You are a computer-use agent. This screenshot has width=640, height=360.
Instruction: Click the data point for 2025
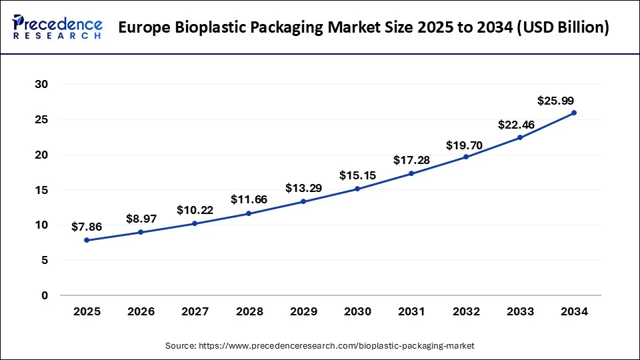(x=87, y=240)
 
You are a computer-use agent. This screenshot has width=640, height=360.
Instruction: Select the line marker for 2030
(x=357, y=189)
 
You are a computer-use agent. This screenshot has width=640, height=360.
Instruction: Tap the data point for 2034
(x=574, y=113)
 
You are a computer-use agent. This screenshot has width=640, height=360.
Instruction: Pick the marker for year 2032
(x=466, y=157)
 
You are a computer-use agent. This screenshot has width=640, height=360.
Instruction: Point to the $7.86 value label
(x=87, y=227)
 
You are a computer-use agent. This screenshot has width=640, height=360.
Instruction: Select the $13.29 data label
(x=303, y=188)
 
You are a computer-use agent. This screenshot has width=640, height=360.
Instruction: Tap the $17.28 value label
(x=411, y=161)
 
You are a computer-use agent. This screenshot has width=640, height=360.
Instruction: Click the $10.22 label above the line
(x=195, y=210)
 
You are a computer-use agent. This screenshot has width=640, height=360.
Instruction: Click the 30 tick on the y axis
(x=42, y=85)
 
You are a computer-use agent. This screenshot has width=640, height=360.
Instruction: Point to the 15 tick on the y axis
(x=42, y=190)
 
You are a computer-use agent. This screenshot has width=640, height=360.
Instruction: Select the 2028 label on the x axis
(x=249, y=311)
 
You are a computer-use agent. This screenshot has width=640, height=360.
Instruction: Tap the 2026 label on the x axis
(x=141, y=311)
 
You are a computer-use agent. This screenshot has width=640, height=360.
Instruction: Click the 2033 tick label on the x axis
(x=520, y=311)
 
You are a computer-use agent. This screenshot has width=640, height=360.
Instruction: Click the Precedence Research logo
(x=57, y=27)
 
